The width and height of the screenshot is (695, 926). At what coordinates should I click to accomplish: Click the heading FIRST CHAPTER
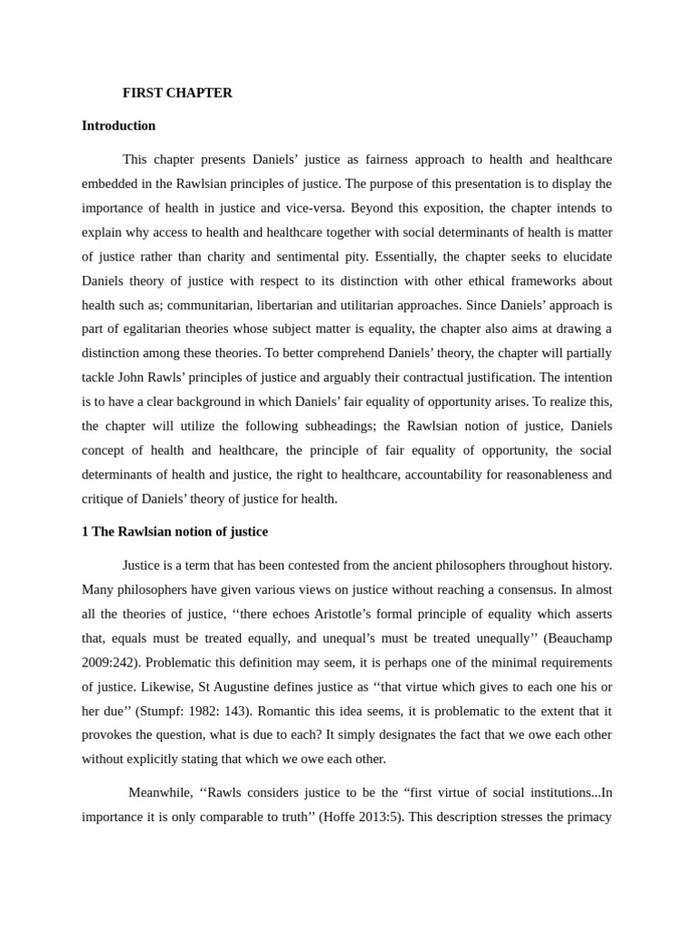[x=177, y=92]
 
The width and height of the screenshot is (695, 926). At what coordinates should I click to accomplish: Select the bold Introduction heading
[x=119, y=126]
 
